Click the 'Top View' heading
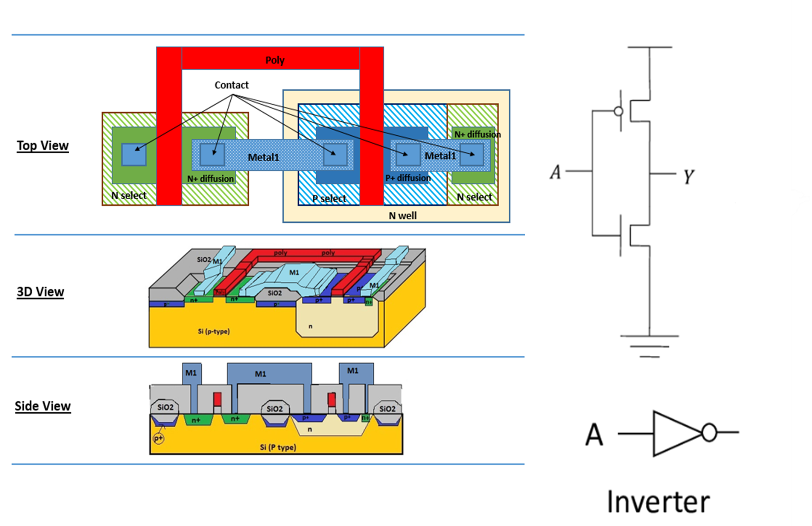43,145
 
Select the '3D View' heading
40,292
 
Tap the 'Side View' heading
43,406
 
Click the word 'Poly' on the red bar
275,60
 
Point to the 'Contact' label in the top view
231,85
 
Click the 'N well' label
402,216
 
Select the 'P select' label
329,198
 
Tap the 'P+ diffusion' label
408,178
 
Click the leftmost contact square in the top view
134,154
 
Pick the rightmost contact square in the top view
472,154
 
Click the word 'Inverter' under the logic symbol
658,502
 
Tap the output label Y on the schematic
689,176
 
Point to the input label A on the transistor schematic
556,172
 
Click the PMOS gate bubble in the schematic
618,111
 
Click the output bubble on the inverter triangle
709,433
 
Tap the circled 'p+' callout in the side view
159,439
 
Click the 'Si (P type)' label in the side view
278,447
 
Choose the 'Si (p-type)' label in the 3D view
213,332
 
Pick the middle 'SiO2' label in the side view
274,409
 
